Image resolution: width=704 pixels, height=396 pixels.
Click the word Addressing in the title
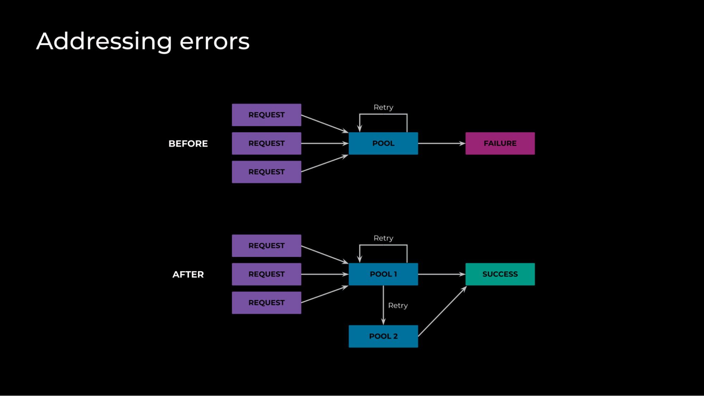pyautogui.click(x=104, y=42)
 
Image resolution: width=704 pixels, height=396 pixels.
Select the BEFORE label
pyautogui.click(x=188, y=144)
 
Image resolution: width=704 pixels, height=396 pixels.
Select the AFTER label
pyautogui.click(x=188, y=275)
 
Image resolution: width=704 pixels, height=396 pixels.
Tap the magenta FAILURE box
pyautogui.click(x=500, y=143)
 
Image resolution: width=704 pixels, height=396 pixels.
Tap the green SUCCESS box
pyautogui.click(x=500, y=274)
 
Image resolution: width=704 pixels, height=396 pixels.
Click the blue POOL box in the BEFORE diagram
pyautogui.click(x=383, y=143)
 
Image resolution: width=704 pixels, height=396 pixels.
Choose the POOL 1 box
pyautogui.click(x=383, y=274)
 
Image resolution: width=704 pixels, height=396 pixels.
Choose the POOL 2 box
pyautogui.click(x=383, y=336)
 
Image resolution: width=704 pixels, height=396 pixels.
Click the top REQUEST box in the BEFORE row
pyautogui.click(x=266, y=115)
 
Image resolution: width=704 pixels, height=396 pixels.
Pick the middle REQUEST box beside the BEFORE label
pyautogui.click(x=266, y=143)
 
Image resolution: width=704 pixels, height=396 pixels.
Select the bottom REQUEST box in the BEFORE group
pyautogui.click(x=266, y=172)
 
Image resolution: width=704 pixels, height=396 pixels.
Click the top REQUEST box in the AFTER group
pyautogui.click(x=266, y=246)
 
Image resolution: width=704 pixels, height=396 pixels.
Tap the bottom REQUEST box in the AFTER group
pyautogui.click(x=266, y=303)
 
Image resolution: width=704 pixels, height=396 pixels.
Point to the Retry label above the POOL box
pyautogui.click(x=383, y=107)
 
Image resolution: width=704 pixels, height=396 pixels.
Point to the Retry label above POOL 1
pyautogui.click(x=383, y=238)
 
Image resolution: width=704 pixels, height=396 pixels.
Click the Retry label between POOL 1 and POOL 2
pyautogui.click(x=398, y=306)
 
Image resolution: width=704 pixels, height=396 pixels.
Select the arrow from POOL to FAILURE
pyautogui.click(x=441, y=143)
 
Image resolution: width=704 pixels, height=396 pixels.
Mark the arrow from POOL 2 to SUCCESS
pyautogui.click(x=442, y=312)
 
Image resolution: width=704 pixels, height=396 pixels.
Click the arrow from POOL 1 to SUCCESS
pyautogui.click(x=441, y=274)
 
